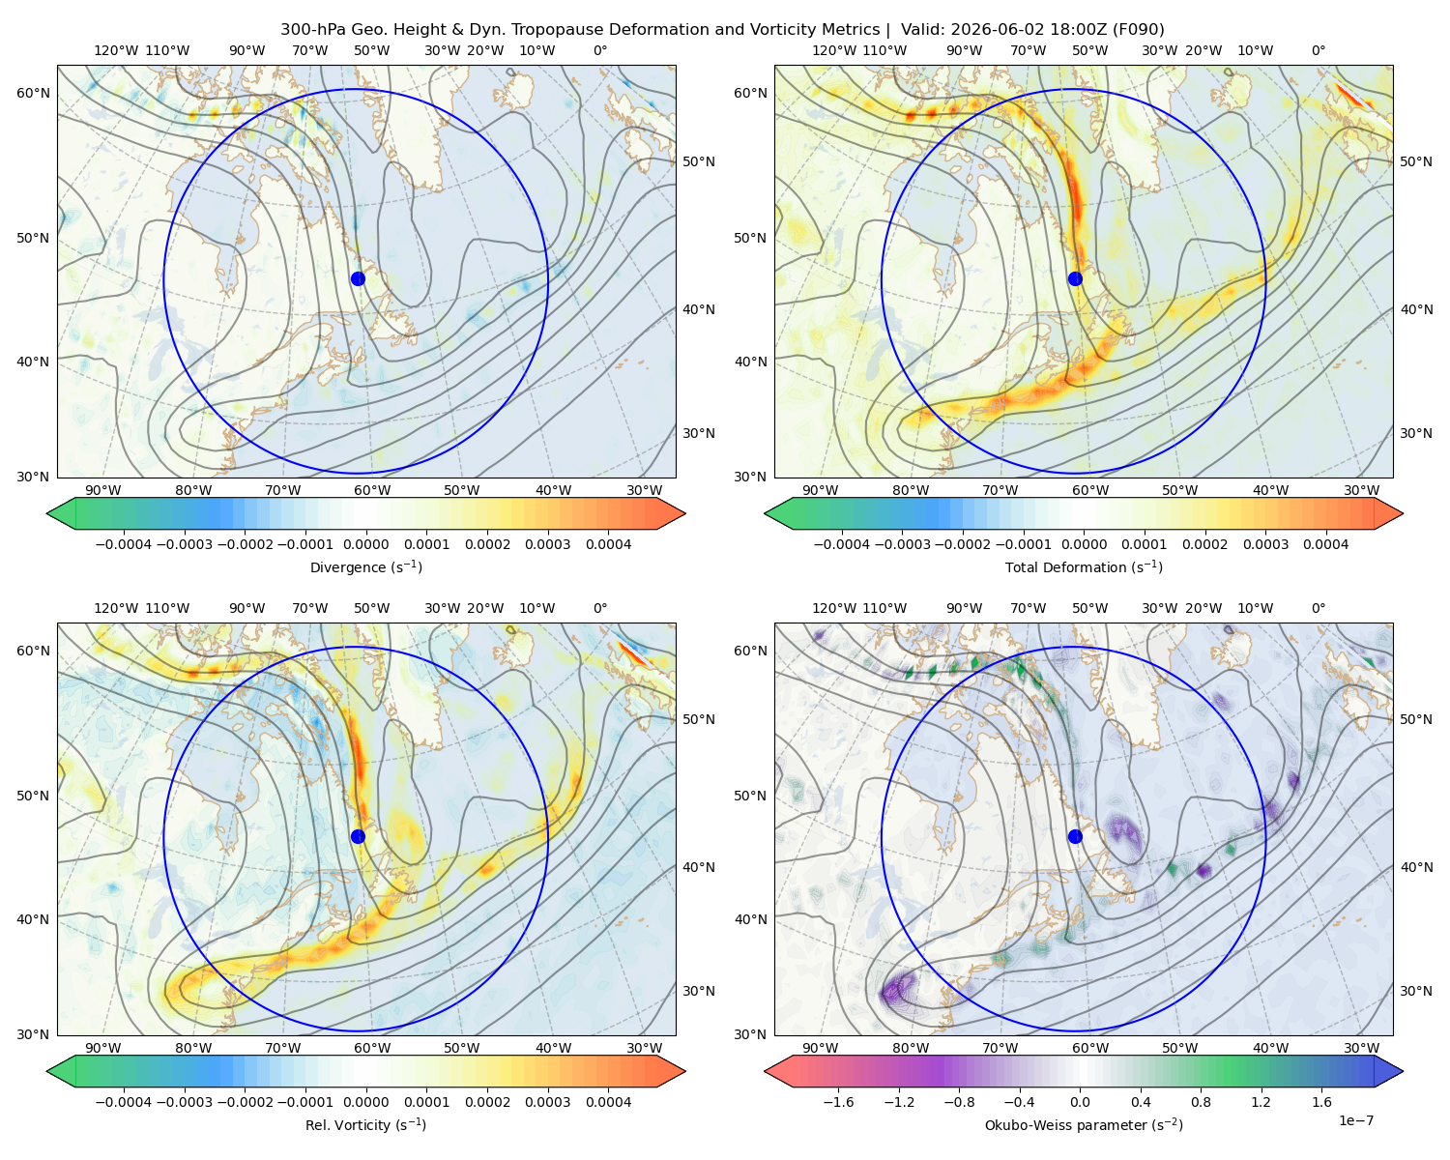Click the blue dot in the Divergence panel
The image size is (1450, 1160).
click(358, 278)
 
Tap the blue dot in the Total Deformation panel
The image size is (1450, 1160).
click(1075, 278)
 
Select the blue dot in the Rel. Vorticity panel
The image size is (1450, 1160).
click(358, 836)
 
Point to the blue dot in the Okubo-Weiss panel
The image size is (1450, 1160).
click(1075, 836)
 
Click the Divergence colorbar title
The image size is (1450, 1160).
click(365, 566)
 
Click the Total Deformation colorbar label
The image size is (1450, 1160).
click(1084, 566)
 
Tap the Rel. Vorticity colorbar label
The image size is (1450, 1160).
click(365, 1124)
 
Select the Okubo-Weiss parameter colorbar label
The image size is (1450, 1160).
click(1084, 1124)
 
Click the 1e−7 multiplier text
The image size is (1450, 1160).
click(1355, 1120)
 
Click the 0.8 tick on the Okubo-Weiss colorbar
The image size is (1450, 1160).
click(1201, 1102)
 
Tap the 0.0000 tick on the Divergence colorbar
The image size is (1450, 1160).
click(365, 544)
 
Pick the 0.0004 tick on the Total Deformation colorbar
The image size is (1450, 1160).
click(1325, 544)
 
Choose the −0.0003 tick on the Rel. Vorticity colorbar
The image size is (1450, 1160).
click(185, 1102)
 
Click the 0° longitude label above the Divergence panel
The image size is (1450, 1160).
click(599, 50)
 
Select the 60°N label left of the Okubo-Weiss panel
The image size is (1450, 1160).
click(750, 651)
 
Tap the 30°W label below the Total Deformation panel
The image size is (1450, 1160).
click(1361, 490)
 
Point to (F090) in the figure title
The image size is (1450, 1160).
click(1138, 30)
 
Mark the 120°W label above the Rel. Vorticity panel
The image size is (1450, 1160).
click(116, 608)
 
